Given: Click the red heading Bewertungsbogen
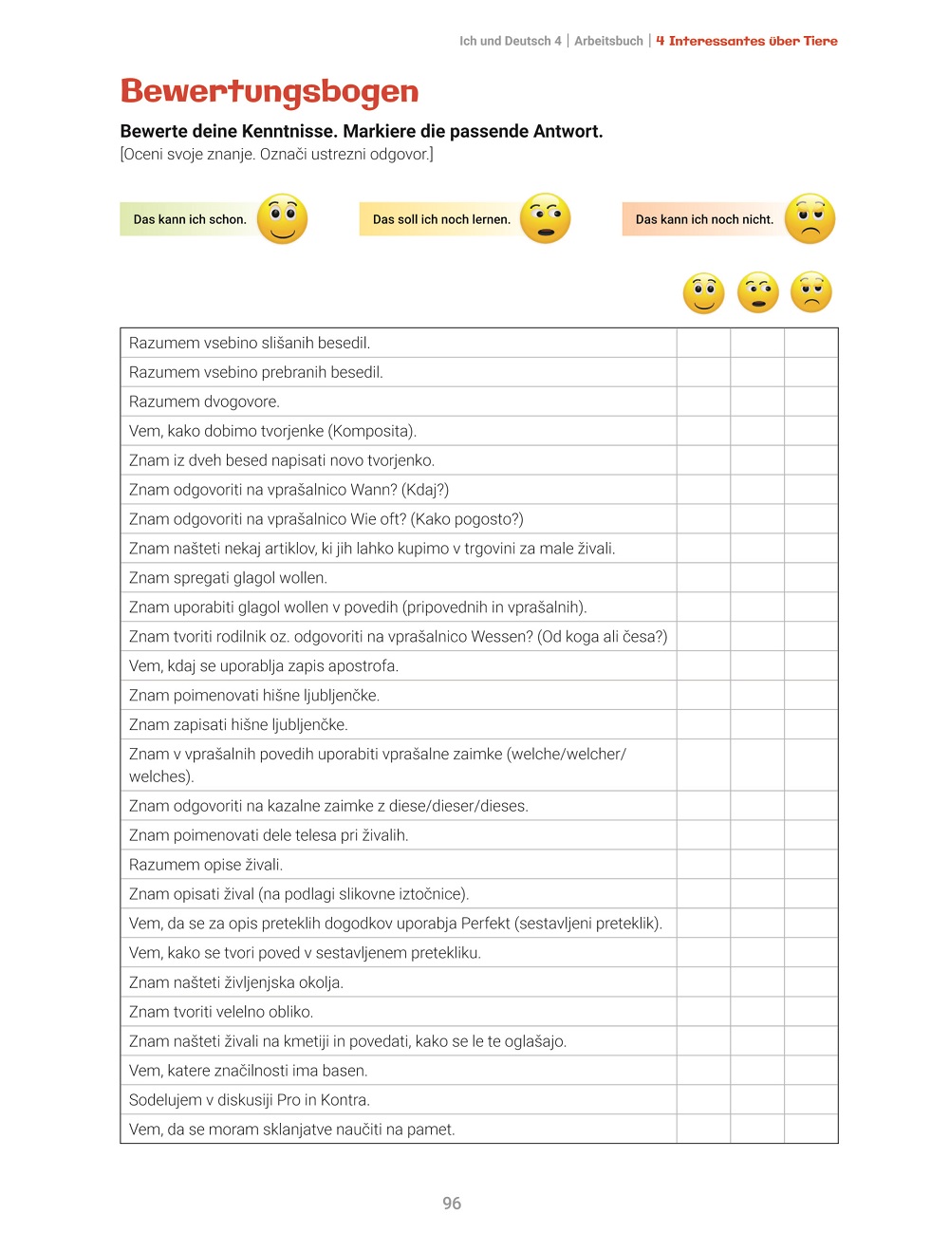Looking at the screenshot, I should click(270, 92).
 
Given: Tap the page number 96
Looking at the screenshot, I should click(452, 1204).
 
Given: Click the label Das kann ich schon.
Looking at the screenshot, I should click(189, 219).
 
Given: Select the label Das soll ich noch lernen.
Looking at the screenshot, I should click(441, 219).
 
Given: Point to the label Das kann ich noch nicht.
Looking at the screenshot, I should click(704, 219).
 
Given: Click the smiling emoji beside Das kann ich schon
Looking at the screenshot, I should click(282, 219).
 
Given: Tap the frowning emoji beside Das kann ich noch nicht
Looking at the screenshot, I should click(810, 219).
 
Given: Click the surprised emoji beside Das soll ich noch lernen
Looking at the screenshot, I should click(546, 219).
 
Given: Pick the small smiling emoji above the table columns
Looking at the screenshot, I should click(703, 292).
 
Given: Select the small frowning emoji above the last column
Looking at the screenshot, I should click(810, 292).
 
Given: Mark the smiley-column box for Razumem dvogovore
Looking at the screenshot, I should click(703, 402).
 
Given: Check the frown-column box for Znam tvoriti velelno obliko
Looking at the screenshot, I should click(811, 1012).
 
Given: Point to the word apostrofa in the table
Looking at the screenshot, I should click(365, 666).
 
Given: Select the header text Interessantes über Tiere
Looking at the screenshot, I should click(754, 41).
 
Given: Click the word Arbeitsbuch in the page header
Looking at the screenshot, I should click(608, 41).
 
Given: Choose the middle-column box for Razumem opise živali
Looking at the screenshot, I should click(757, 865).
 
